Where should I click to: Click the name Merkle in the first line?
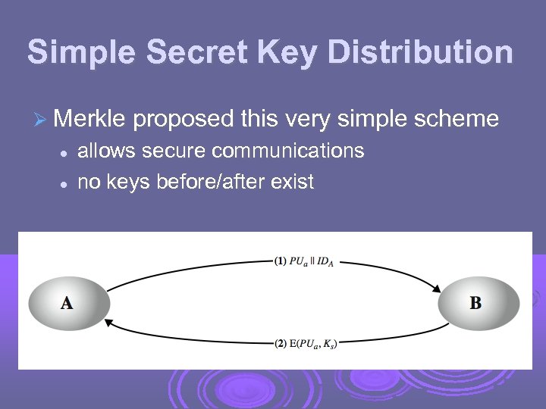[90, 119]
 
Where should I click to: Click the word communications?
[288, 151]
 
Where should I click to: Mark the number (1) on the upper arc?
[280, 261]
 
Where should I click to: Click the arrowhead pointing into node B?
[438, 288]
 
